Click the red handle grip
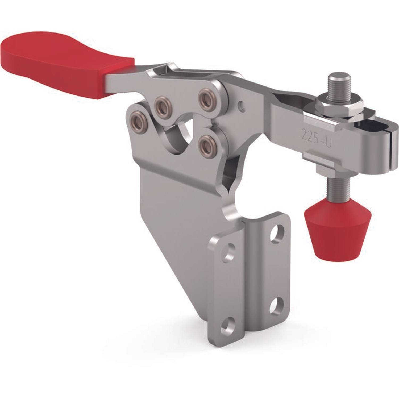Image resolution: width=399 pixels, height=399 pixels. click(61, 64)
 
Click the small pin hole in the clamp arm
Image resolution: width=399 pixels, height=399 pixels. click(242, 105)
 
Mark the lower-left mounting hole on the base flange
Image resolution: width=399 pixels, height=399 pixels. click(228, 326)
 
